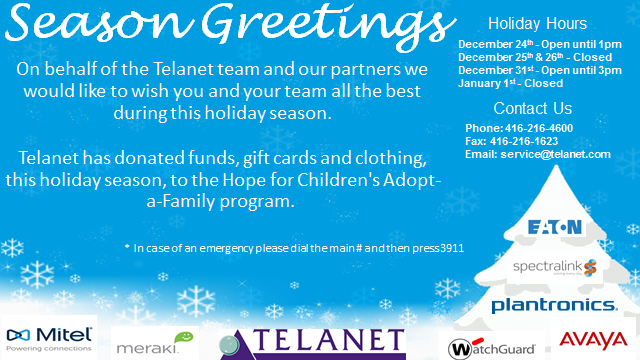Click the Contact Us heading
point(533,108)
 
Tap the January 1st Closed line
point(510,83)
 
